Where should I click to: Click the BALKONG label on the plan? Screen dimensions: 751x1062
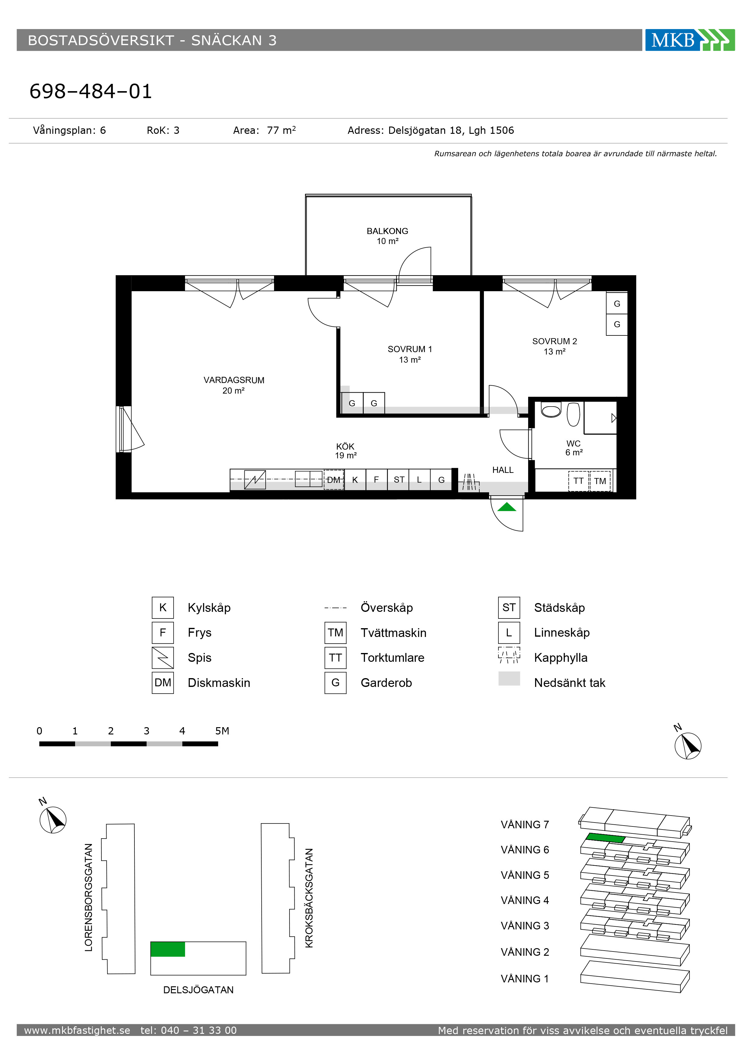[x=387, y=231]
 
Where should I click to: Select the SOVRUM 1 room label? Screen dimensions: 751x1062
[x=409, y=349]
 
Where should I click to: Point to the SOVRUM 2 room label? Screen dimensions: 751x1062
[x=554, y=341]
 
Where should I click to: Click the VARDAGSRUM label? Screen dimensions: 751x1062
[x=234, y=380]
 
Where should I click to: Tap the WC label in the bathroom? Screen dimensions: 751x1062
[x=573, y=443]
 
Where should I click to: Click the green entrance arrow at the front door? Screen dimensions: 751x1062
[x=506, y=507]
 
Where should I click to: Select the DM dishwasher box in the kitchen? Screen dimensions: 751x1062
[x=334, y=480]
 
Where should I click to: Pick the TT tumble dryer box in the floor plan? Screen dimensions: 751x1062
[x=578, y=481]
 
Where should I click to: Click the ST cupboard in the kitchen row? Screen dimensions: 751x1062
[x=399, y=480]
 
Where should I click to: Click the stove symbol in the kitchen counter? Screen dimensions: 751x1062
[x=255, y=480]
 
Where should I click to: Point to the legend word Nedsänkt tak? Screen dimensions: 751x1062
[x=570, y=683]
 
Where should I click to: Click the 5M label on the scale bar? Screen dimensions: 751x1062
[x=222, y=731]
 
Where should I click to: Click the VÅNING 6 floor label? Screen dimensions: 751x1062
[x=525, y=850]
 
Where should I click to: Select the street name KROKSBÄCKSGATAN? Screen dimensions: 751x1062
[x=309, y=898]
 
